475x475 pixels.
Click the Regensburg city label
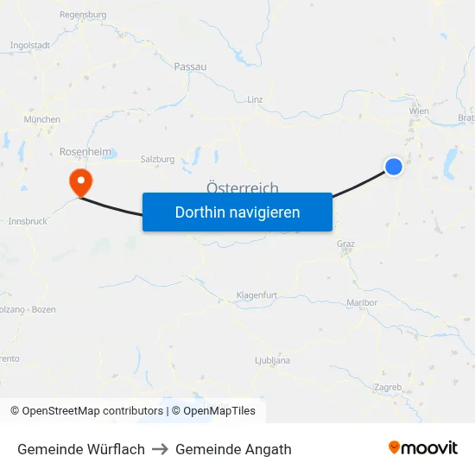click(83, 15)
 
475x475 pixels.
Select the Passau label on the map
click(190, 66)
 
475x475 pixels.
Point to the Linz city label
click(255, 99)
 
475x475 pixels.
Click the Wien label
click(419, 111)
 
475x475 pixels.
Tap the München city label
click(42, 119)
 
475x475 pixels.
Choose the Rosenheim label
click(85, 151)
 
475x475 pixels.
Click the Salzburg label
click(157, 159)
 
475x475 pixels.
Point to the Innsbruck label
click(27, 221)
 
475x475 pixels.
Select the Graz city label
click(345, 244)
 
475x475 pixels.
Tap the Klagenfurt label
click(256, 295)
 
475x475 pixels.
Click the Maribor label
click(362, 302)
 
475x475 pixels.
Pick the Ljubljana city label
click(272, 360)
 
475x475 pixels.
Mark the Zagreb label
click(389, 388)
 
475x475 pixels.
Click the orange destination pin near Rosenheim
click(80, 180)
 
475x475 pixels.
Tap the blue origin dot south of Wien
click(394, 167)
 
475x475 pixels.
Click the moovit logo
click(423, 448)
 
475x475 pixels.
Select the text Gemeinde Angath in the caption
click(233, 449)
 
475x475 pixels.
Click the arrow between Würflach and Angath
click(160, 449)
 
